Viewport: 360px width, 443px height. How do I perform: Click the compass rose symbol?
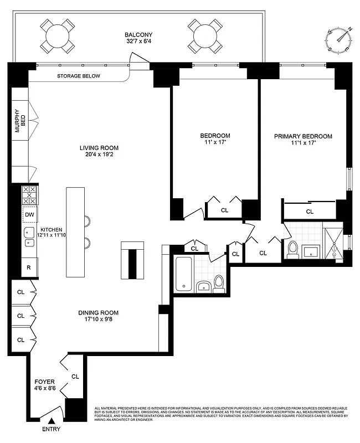[340, 40]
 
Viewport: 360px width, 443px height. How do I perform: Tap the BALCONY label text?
[137, 34]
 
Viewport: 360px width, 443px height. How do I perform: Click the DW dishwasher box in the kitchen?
[29, 214]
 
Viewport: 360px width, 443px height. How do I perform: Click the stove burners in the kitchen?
[29, 195]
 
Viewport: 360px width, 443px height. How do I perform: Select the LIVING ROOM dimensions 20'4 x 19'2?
[99, 156]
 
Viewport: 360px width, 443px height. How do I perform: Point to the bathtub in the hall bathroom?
[183, 274]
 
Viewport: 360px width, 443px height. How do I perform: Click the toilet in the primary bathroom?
[293, 249]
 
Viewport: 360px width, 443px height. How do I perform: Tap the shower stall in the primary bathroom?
[333, 241]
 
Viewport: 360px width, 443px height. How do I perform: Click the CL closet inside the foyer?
[75, 376]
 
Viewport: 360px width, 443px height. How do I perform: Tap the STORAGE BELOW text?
[79, 76]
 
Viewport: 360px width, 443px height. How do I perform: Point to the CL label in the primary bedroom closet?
[310, 211]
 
